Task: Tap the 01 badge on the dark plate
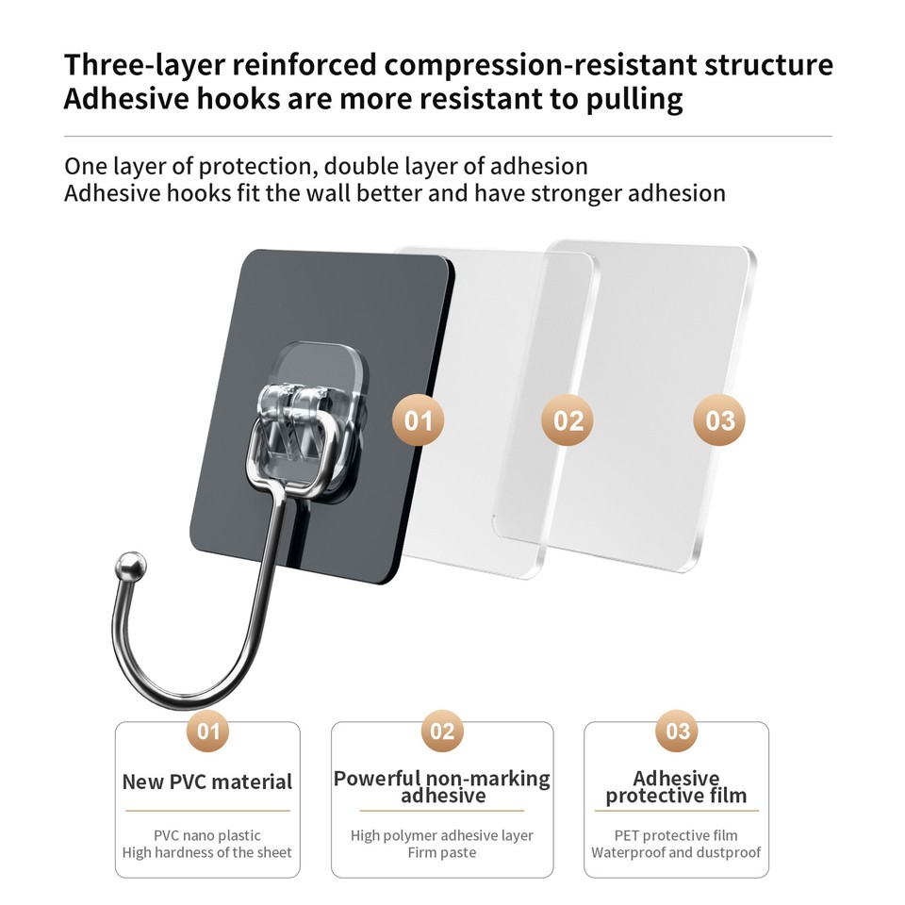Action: pos(418,420)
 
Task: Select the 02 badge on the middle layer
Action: pos(568,420)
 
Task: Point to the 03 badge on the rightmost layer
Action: pos(719,420)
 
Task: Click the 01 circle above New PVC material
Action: pos(207,731)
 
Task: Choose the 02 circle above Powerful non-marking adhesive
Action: pos(442,731)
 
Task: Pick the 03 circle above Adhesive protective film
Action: pos(678,731)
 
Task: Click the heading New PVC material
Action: pos(207,782)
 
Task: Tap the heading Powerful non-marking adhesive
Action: pos(442,787)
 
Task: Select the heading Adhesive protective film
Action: pos(676,787)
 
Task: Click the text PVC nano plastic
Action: pos(207,835)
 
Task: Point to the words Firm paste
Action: pos(442,853)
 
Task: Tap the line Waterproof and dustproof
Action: pos(676,853)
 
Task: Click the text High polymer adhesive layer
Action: pos(442,835)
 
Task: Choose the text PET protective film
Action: pos(676,835)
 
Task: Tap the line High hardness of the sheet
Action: pos(207,853)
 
